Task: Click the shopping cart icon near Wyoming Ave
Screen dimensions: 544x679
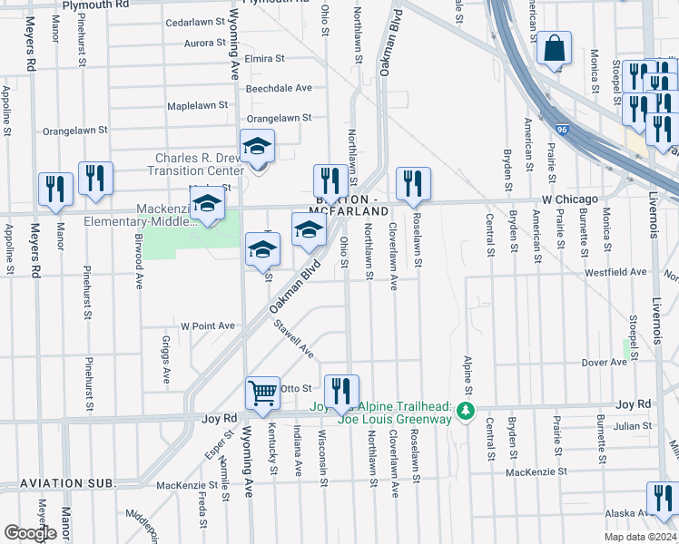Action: pyautogui.click(x=262, y=393)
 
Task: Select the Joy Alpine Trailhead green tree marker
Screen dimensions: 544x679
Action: pyautogui.click(x=467, y=411)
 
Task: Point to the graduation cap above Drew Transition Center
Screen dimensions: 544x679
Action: pyautogui.click(x=258, y=146)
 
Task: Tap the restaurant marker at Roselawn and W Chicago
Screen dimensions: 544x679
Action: pyautogui.click(x=414, y=182)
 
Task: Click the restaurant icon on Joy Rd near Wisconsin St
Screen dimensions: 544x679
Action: pyautogui.click(x=341, y=391)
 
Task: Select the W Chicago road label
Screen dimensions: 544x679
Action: pyautogui.click(x=570, y=199)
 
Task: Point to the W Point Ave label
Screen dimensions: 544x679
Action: pyautogui.click(x=208, y=325)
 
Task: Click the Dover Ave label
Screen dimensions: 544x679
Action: pyautogui.click(x=605, y=362)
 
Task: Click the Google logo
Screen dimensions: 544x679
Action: pyautogui.click(x=30, y=533)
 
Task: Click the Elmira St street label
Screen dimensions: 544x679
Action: pyautogui.click(x=265, y=58)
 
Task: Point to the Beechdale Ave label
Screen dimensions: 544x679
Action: pyautogui.click(x=279, y=88)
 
